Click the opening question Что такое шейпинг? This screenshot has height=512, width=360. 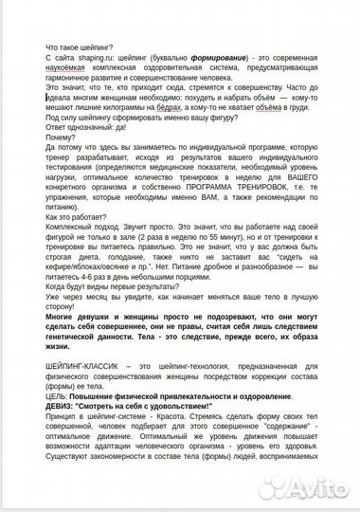[x=80, y=46]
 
